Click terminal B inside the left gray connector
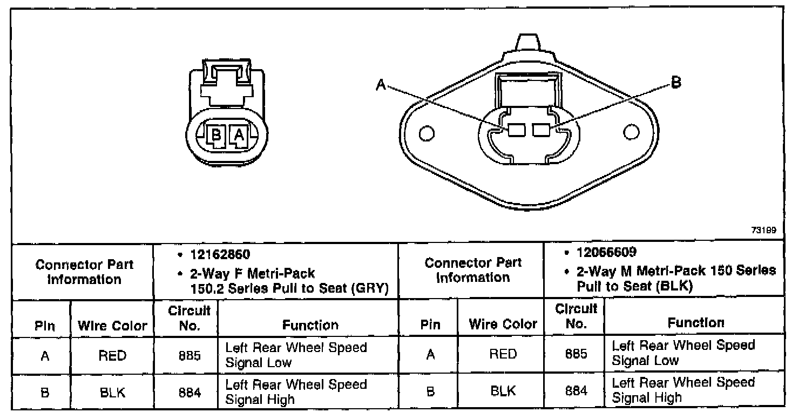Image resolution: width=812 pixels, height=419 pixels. [216, 136]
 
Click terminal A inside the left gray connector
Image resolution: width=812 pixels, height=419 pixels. [239, 136]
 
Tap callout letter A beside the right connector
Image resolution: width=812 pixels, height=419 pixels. [381, 85]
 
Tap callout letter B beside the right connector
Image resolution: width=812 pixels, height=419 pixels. [676, 82]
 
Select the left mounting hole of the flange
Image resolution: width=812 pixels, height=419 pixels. [427, 133]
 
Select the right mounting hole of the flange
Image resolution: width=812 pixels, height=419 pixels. [631, 132]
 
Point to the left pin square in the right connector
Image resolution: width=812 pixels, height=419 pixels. [517, 130]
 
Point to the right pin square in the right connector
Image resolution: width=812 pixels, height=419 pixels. [541, 130]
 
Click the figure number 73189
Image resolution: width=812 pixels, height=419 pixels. [764, 230]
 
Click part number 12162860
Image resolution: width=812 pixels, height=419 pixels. [220, 254]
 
